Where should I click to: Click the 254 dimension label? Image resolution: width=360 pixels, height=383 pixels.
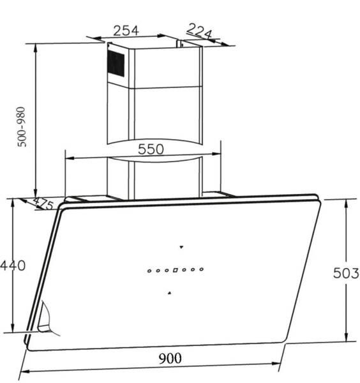pyautogui.click(x=126, y=30)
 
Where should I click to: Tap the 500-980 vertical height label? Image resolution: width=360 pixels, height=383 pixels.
pyautogui.click(x=23, y=126)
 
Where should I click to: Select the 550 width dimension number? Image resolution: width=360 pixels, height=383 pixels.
pyautogui.click(x=151, y=149)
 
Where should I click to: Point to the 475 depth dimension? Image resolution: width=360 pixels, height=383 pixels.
pyautogui.click(x=41, y=204)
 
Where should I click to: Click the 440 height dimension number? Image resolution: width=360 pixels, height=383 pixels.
pyautogui.click(x=13, y=266)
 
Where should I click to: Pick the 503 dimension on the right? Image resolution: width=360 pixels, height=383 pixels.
pyautogui.click(x=347, y=274)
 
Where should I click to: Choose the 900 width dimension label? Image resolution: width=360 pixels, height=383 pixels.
pyautogui.click(x=169, y=358)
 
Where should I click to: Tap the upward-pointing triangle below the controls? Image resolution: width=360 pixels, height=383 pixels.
pyautogui.click(x=169, y=292)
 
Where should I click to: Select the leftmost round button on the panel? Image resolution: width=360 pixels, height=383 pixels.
pyautogui.click(x=149, y=271)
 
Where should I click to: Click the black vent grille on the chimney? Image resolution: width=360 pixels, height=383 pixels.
pyautogui.click(x=116, y=63)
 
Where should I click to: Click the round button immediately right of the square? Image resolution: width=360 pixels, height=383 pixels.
pyautogui.click(x=184, y=271)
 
